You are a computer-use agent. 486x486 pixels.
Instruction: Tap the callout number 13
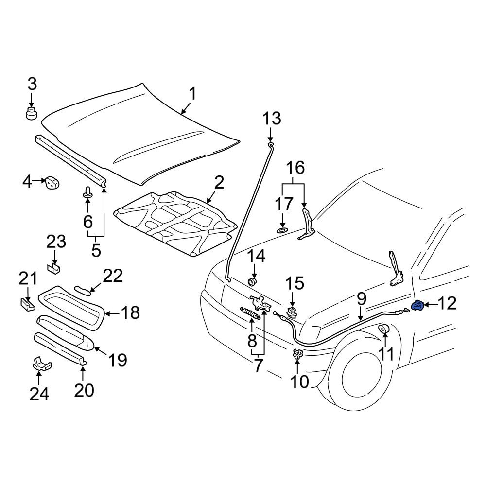coord(272,119)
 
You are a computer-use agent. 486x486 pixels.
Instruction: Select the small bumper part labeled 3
coord(31,113)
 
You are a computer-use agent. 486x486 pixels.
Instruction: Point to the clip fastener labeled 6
coord(87,192)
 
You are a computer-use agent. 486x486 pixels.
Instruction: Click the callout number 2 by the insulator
coord(219,183)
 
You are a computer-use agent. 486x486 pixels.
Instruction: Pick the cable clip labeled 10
coord(298,354)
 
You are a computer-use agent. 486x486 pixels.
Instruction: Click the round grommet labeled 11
coord(384,329)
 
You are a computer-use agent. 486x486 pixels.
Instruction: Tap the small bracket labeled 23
coord(54,267)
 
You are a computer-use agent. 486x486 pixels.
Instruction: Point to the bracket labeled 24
coord(42,364)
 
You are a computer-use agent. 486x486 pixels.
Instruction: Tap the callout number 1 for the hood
coord(193,94)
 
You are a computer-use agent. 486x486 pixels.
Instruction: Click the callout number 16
coord(295,168)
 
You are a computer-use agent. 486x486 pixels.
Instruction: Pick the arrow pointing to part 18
coord(112,313)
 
